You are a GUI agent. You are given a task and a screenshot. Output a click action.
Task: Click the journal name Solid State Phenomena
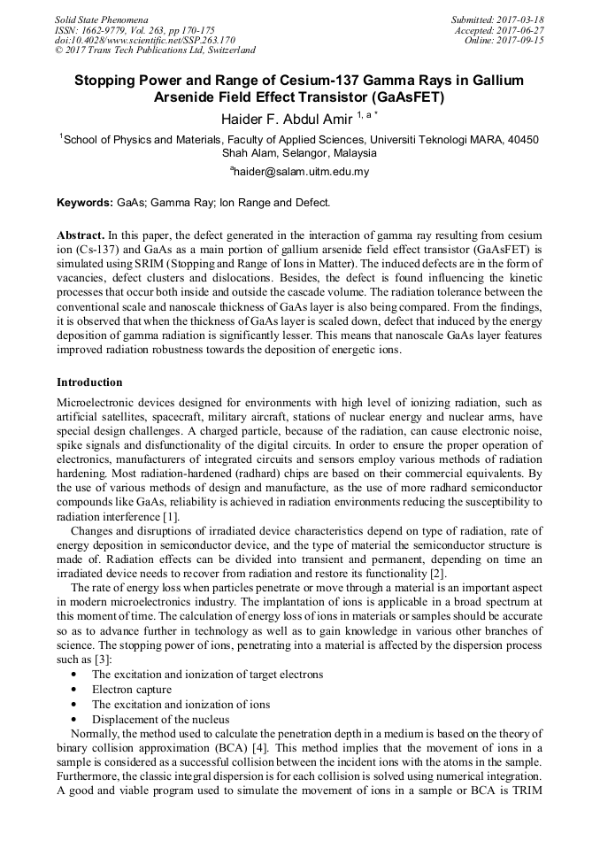(101, 19)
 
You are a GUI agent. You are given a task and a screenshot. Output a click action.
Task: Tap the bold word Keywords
(84, 203)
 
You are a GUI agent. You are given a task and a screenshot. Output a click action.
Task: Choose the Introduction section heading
(89, 382)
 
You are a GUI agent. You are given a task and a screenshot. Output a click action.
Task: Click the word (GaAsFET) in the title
(403, 97)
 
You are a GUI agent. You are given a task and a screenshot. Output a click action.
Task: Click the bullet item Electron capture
(131, 690)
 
